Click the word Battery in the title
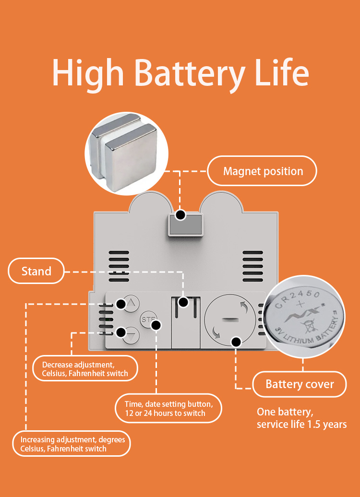pyautogui.click(x=192, y=73)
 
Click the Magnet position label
pyautogui.click(x=263, y=171)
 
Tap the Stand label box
pyautogui.click(x=36, y=272)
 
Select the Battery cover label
pyautogui.click(x=300, y=384)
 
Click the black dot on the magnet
pyautogui.click(x=180, y=215)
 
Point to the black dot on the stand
pyautogui.click(x=183, y=302)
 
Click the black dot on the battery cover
pyautogui.click(x=236, y=342)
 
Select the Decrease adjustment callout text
pyautogui.click(x=85, y=369)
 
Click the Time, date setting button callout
pyautogui.click(x=168, y=408)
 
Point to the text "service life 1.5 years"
pyautogui.click(x=301, y=425)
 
